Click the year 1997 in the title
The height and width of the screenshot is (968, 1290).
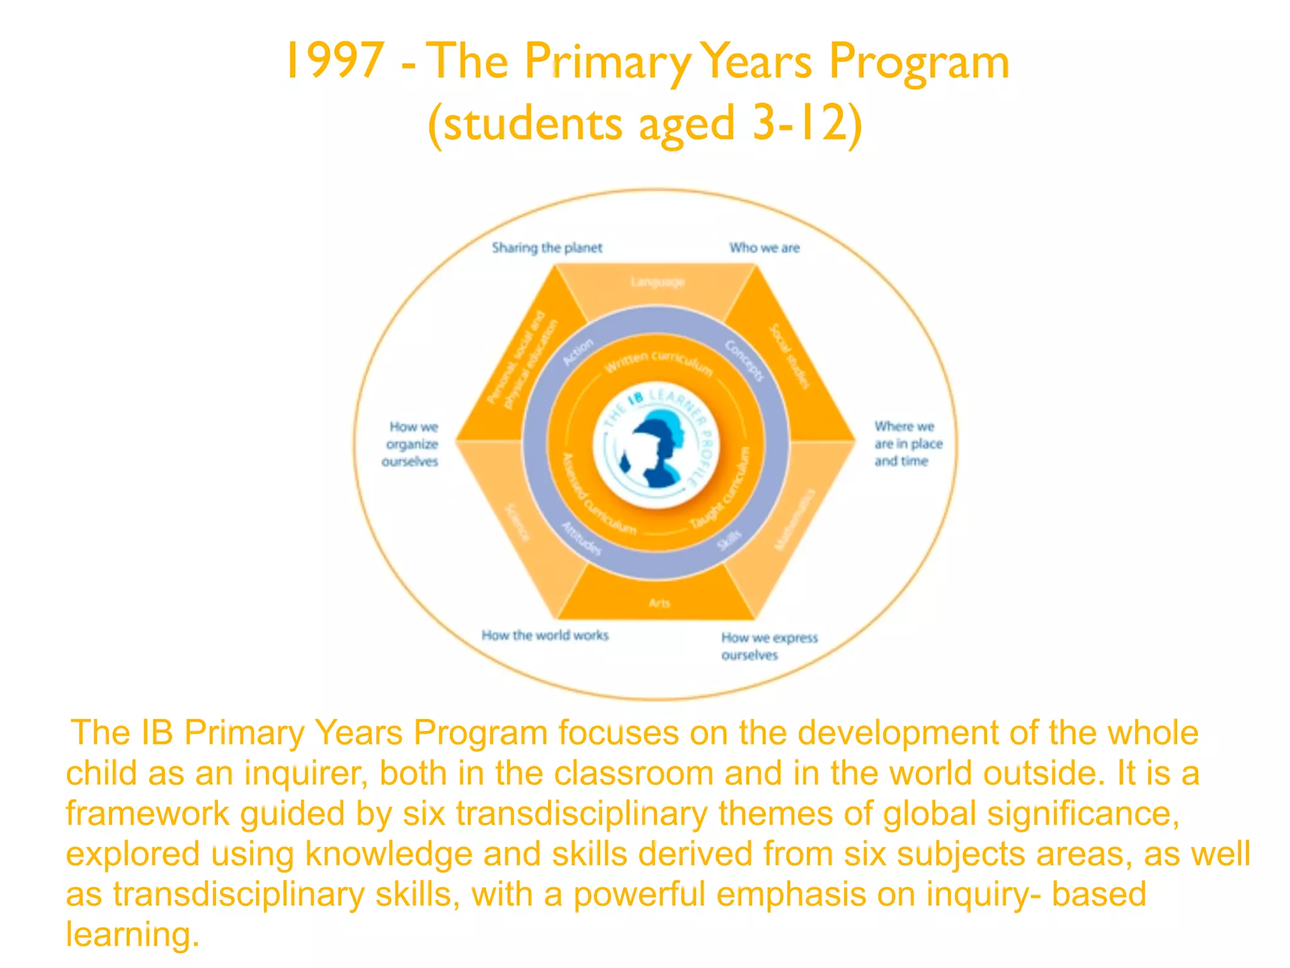click(x=334, y=61)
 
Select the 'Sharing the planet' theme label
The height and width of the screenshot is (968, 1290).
click(x=547, y=248)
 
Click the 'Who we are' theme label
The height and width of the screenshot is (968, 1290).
click(x=764, y=248)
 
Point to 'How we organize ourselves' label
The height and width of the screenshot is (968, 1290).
click(x=410, y=444)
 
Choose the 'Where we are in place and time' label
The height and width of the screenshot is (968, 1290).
click(x=907, y=444)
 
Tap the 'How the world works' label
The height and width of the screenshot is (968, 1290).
click(x=545, y=635)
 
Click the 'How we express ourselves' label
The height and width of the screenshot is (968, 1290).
click(x=768, y=646)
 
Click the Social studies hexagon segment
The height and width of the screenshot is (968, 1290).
click(x=790, y=357)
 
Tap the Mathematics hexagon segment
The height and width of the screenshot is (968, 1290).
click(x=795, y=519)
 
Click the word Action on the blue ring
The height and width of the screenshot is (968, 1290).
click(x=578, y=352)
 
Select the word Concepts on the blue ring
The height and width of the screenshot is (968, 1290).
click(x=744, y=360)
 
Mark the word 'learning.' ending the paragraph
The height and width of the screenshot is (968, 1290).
click(x=132, y=934)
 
